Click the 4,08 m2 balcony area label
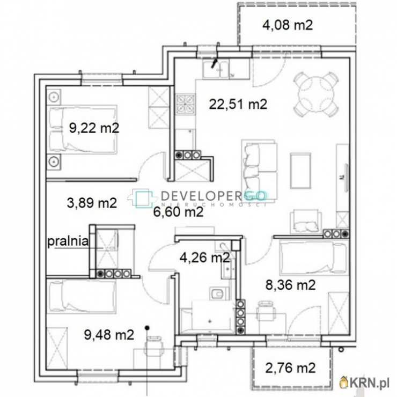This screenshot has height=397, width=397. click(288, 26)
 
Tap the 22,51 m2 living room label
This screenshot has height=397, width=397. click(238, 104)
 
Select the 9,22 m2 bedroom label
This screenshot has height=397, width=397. click(94, 128)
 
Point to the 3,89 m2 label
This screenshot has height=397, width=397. click(92, 203)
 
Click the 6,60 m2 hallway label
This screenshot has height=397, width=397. click(178, 212)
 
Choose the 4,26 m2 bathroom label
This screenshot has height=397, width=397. click(205, 258)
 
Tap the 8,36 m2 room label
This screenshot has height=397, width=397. click(291, 285)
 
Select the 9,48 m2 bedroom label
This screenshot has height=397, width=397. click(109, 335)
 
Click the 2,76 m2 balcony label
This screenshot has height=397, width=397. click(290, 368)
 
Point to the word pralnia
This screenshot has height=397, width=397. click(68, 241)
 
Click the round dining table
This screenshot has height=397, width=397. click(316, 94)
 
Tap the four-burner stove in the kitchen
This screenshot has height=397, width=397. click(186, 104)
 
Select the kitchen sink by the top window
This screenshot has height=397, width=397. click(216, 69)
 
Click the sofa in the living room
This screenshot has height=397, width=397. click(259, 170)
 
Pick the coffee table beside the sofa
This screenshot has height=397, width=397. click(300, 171)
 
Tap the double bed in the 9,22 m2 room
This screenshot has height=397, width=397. click(83, 129)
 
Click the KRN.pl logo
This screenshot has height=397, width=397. click(365, 384)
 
